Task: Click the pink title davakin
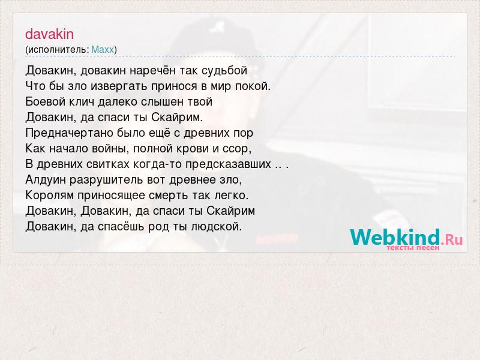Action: tap(49, 34)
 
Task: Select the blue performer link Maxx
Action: tap(103, 49)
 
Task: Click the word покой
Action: tap(253, 86)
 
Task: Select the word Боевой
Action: tap(45, 101)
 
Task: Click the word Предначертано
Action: tap(69, 133)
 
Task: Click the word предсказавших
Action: tap(228, 164)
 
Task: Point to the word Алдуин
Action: tap(46, 179)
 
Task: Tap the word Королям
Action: tap(50, 196)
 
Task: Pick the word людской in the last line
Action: tap(217, 227)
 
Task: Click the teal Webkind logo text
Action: tap(395, 236)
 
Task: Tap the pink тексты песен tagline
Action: tap(413, 247)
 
